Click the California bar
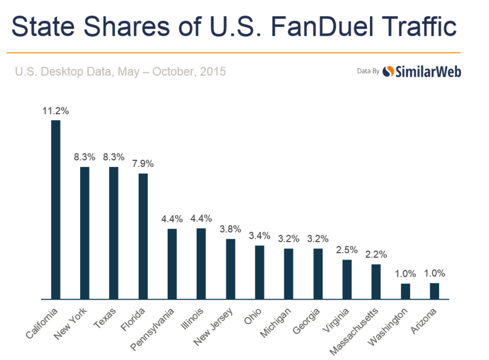pos(55,210)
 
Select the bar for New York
pos(84,233)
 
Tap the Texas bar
pos(113,233)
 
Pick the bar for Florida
pos(143,236)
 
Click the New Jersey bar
pos(230,269)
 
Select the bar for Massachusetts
pos(376,282)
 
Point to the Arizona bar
pos(434,291)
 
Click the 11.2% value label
pos(55,111)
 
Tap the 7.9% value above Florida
pos(143,164)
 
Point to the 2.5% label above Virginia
pos(347,250)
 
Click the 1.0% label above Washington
pos(405,274)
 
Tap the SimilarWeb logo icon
pos(388,72)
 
